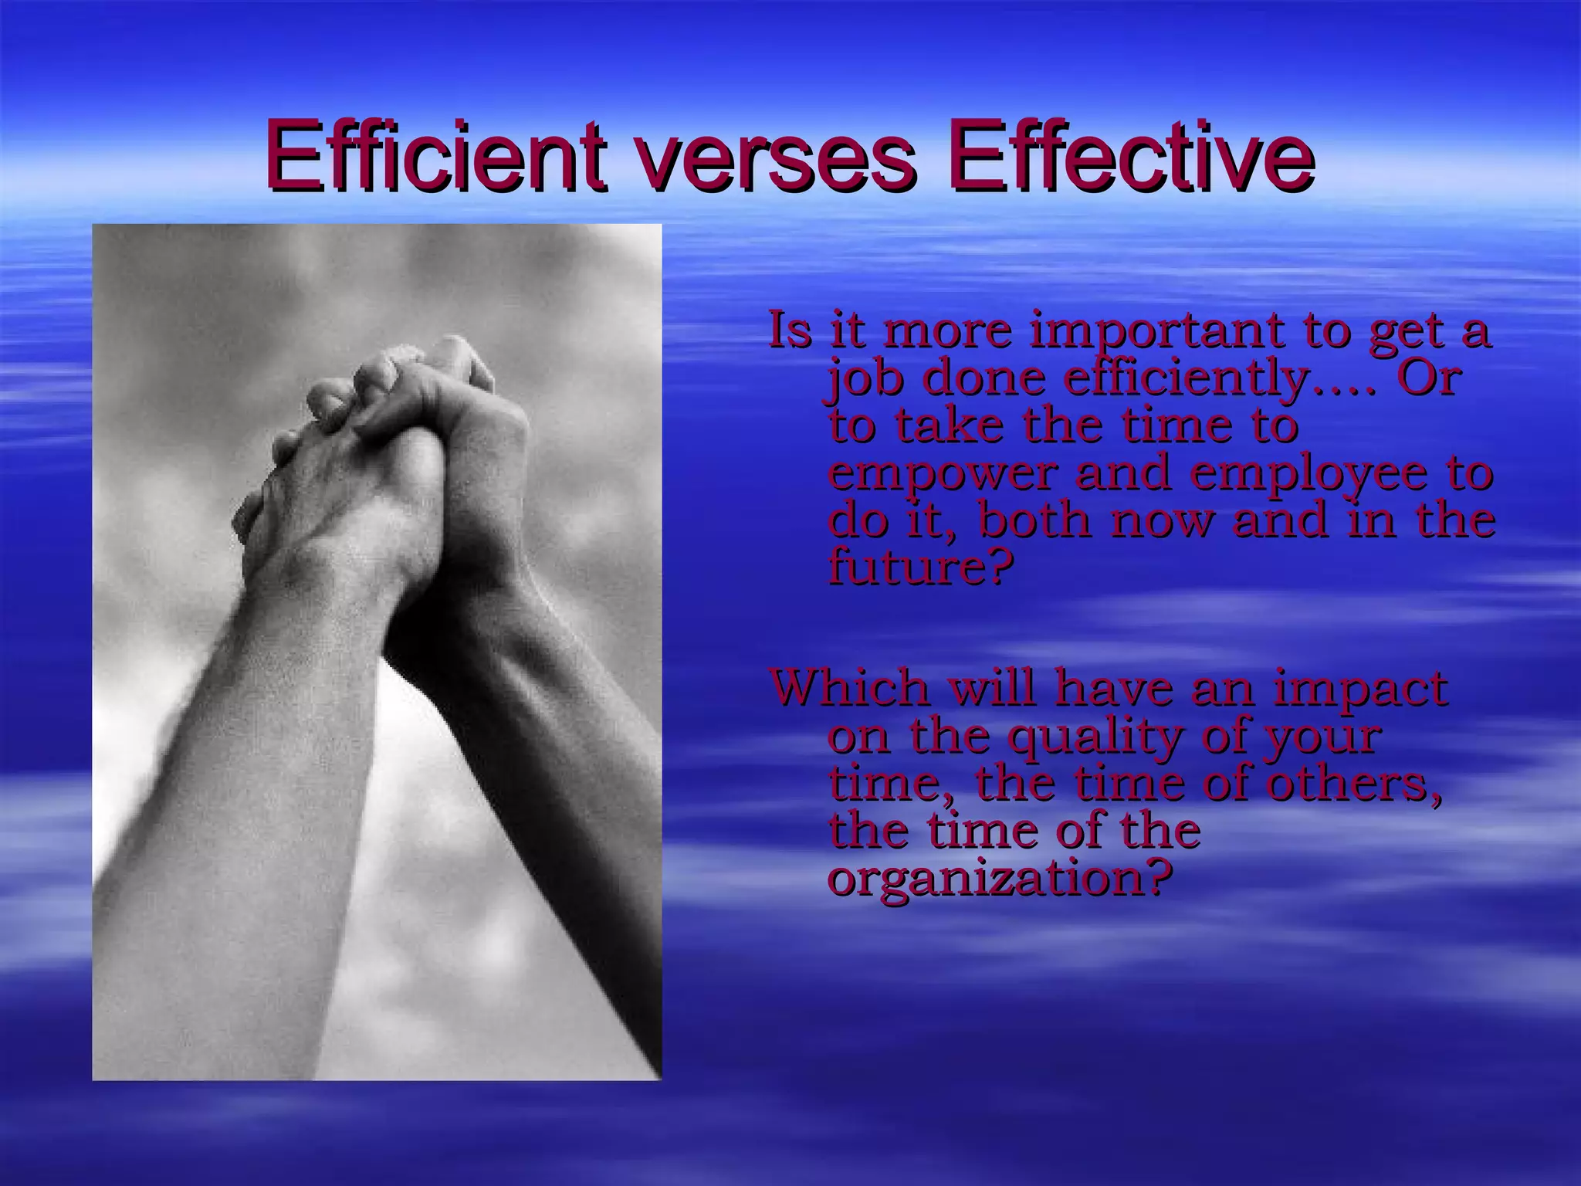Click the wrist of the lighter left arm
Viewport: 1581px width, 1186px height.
340,587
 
